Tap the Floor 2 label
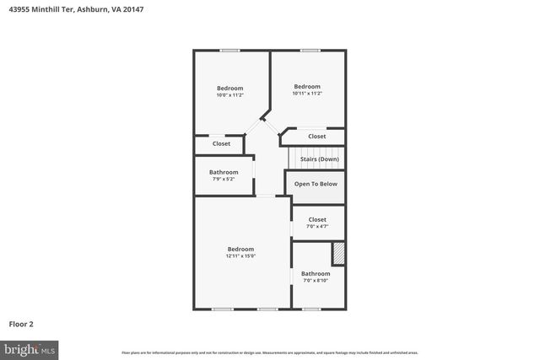point(21,323)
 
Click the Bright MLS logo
point(30,348)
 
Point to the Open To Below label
point(316,183)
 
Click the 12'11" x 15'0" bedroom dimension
point(240,256)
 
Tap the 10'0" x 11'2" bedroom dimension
point(229,95)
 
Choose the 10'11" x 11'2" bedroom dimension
point(307,94)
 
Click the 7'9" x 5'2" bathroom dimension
point(224,179)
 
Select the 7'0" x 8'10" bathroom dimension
point(316,281)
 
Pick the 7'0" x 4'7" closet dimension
point(316,226)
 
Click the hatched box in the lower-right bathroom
point(338,254)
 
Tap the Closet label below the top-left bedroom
point(221,143)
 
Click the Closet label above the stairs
point(316,136)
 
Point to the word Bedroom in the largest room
point(240,249)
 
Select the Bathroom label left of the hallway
point(224,172)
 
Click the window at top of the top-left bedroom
point(230,51)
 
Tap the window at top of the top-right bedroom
point(310,51)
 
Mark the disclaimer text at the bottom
point(269,352)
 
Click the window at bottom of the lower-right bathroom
point(311,309)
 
